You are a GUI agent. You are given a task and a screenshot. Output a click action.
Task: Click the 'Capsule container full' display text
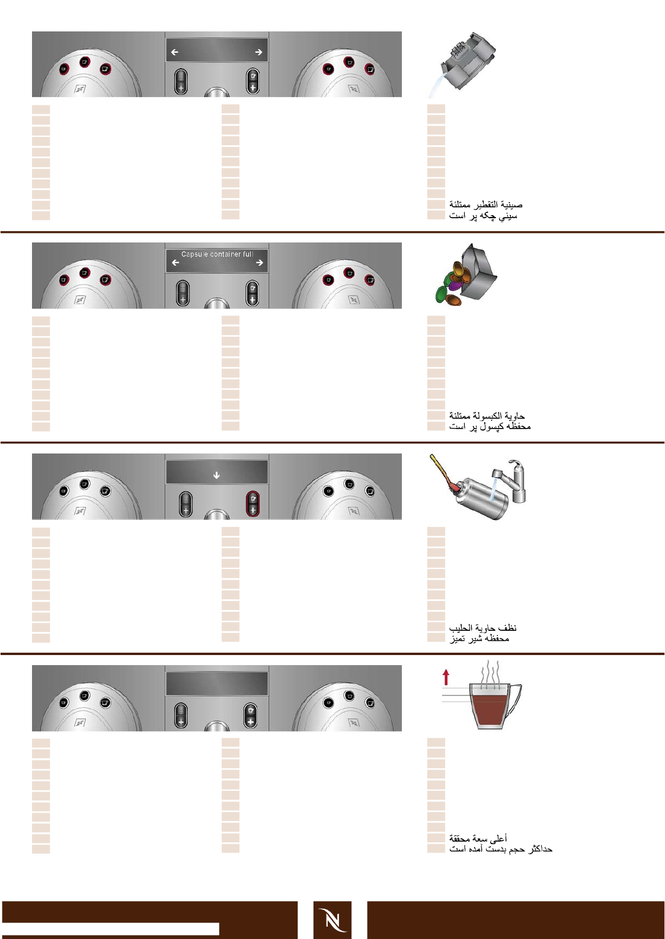point(217,254)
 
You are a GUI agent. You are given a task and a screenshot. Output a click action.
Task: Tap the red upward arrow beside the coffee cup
point(446,677)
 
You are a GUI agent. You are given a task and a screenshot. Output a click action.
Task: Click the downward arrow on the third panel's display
point(216,475)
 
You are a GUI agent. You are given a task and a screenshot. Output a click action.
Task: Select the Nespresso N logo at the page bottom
point(332,919)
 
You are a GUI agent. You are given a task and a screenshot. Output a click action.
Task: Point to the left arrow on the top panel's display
point(175,52)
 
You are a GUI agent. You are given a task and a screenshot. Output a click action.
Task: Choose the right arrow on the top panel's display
point(258,52)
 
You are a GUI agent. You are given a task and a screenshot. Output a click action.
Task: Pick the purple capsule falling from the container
point(455,286)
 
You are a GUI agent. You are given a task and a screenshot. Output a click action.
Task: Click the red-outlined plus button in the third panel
point(252,503)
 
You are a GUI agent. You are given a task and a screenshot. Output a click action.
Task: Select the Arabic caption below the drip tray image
point(485,205)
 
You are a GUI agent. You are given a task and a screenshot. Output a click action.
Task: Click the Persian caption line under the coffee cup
point(500,849)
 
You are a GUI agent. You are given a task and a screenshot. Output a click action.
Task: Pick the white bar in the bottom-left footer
point(110,928)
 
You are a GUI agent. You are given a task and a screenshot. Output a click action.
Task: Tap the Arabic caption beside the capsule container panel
point(487,416)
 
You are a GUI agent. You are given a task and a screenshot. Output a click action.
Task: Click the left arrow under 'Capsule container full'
point(175,263)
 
